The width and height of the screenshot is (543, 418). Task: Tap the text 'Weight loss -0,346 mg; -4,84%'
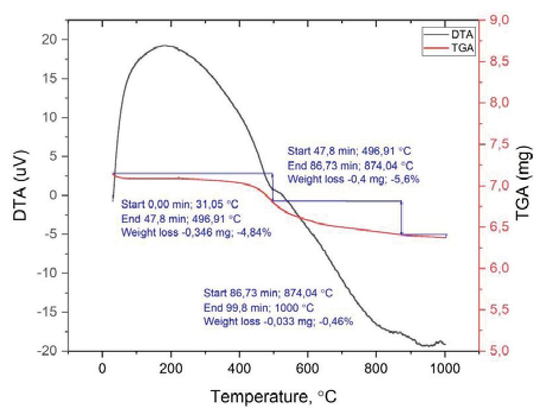[196, 232]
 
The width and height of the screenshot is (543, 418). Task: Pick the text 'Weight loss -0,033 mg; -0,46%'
[278, 321]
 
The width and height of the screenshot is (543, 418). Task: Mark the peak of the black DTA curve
[164, 45]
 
